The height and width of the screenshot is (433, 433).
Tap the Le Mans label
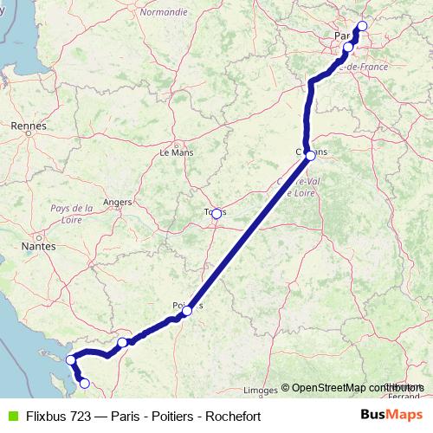coord(177,152)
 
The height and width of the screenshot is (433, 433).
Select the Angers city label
coord(117,202)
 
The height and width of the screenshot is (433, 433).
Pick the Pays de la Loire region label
coord(72,214)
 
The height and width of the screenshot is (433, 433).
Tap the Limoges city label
coord(262,389)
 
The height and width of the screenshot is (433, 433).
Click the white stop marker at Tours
coord(216,212)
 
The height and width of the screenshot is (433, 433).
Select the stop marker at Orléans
coord(310,155)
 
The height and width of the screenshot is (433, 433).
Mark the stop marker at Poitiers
coord(187,310)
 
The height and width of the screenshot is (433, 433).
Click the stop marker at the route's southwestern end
coord(84,383)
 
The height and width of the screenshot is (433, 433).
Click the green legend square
coord(11,416)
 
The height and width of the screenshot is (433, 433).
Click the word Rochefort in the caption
coord(234,416)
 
